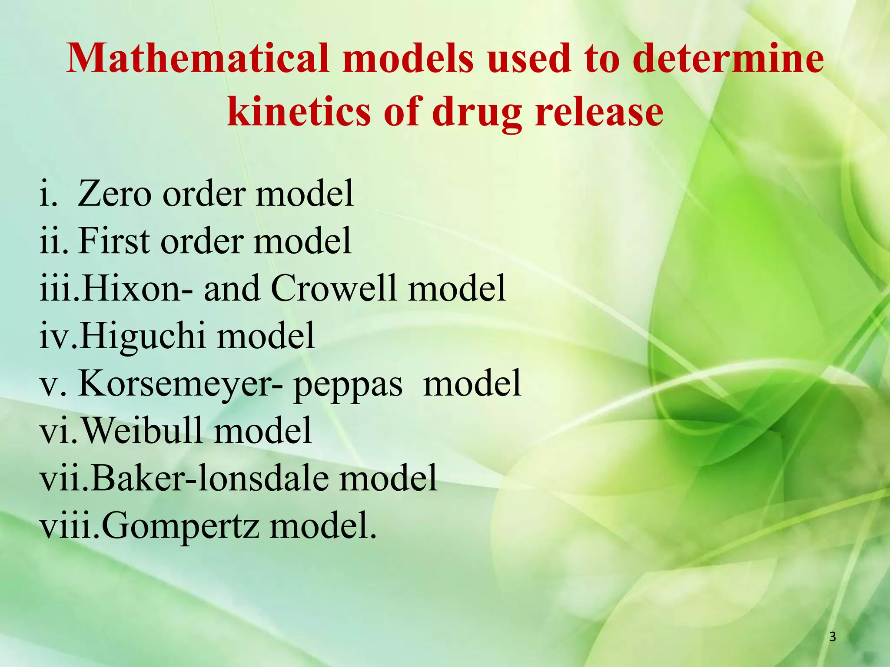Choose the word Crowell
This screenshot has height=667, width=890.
(x=333, y=288)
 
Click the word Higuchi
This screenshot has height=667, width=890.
(x=142, y=336)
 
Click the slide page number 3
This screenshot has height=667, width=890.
(x=832, y=637)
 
